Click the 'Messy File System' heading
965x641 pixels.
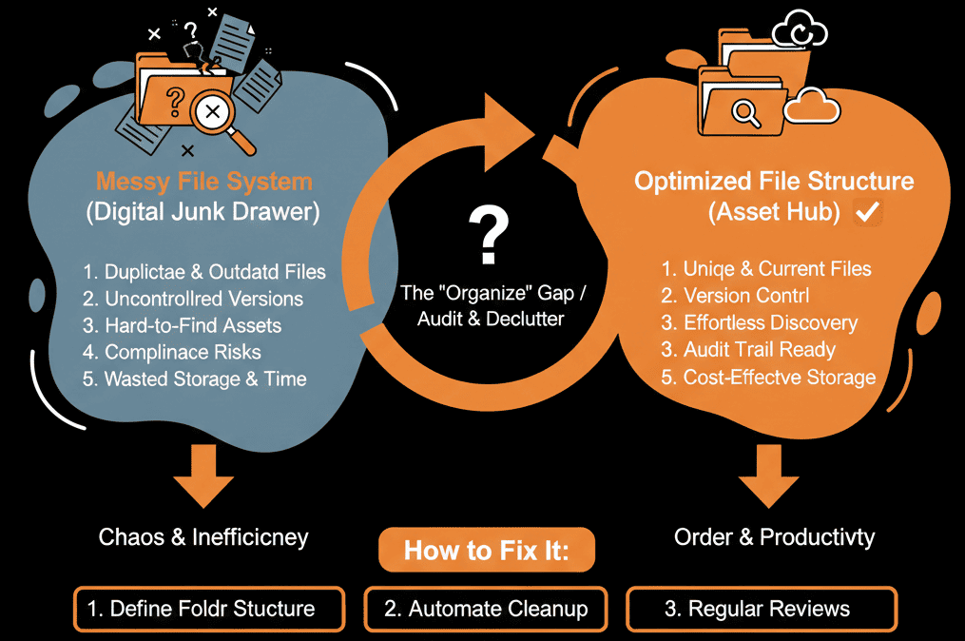203,180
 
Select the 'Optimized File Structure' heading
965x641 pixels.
774,181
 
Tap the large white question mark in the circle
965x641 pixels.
488,237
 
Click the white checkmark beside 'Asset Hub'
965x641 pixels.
866,213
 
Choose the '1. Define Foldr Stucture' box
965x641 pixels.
209,609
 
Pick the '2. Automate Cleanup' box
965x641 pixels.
486,609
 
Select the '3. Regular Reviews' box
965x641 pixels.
761,609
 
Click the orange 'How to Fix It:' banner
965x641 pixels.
487,551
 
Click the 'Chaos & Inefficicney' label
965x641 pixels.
203,537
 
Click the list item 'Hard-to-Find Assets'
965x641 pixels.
182,325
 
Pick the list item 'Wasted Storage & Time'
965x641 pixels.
194,379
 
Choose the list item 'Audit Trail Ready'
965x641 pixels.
748,350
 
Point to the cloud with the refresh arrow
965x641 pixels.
799,33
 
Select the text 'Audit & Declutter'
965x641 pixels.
488,319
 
